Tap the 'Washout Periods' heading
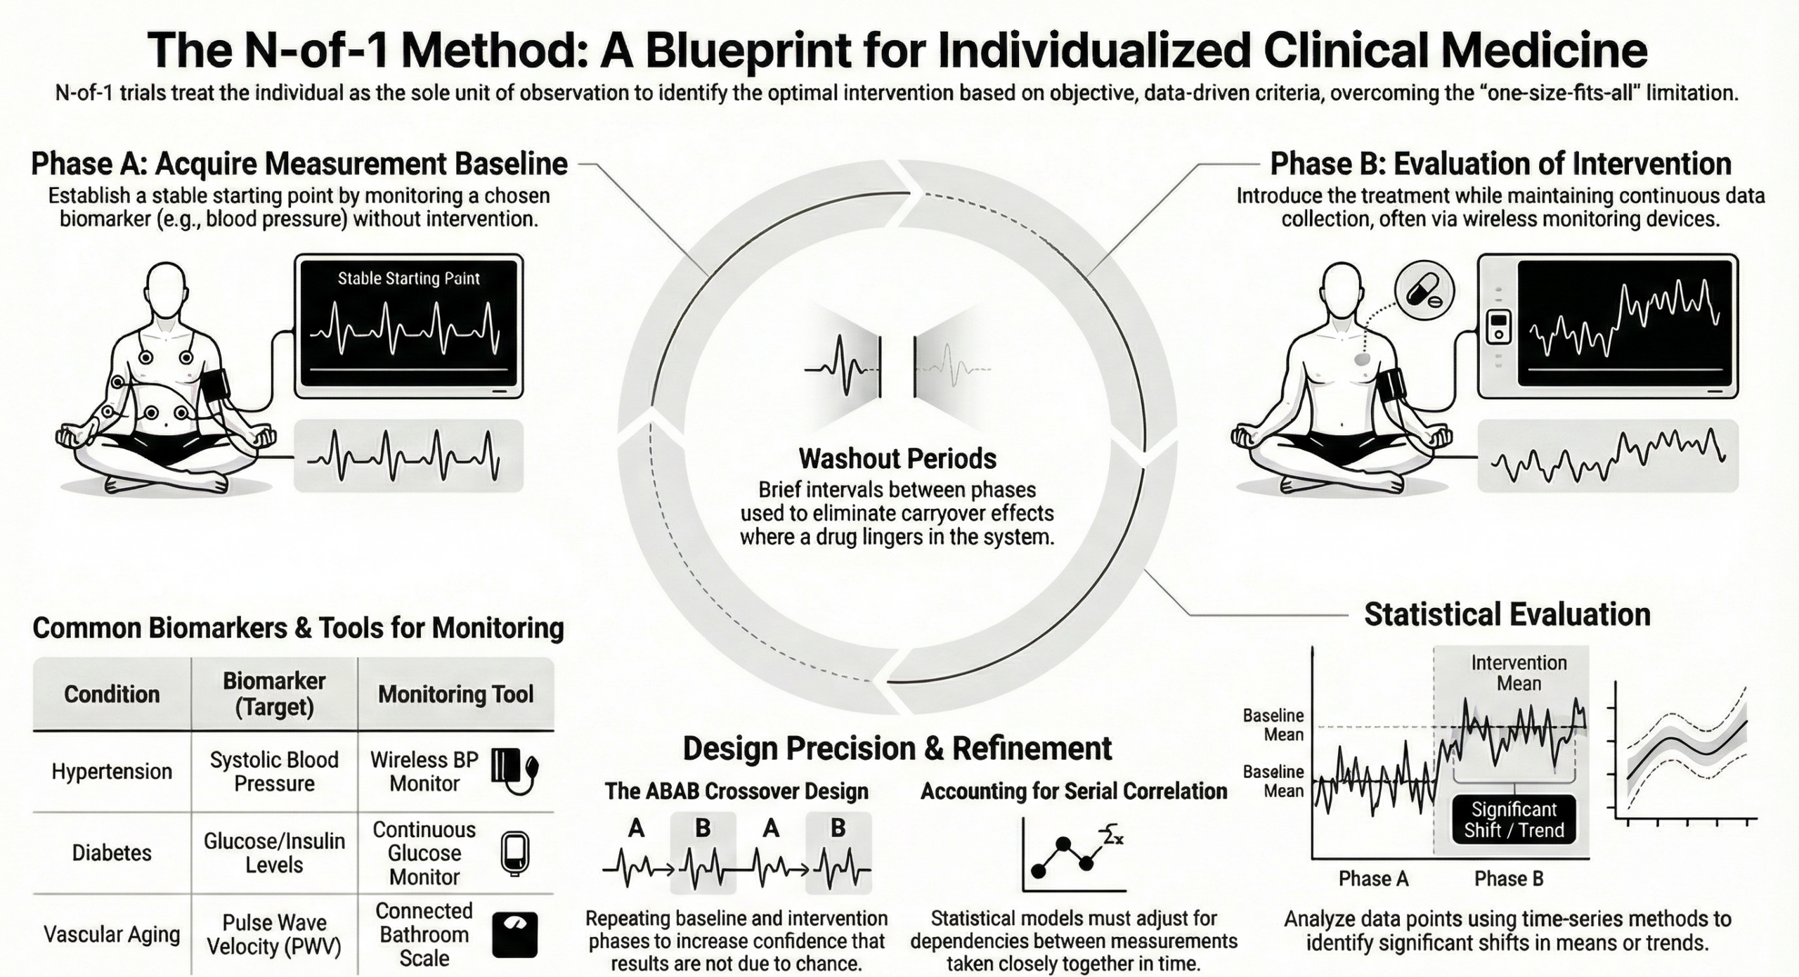tap(897, 459)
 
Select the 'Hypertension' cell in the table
tap(112, 771)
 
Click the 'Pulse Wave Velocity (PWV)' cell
tap(274, 934)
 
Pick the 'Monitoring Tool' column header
tap(456, 694)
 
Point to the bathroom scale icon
tap(514, 935)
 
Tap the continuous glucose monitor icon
tap(514, 853)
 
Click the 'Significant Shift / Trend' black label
tap(1514, 820)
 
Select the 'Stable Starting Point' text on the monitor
tap(408, 278)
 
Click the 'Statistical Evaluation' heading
tap(1507, 614)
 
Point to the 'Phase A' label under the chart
tap(1373, 879)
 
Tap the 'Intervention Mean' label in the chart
tap(1519, 673)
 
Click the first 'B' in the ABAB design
tap(702, 829)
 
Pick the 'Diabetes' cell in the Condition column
tap(112, 853)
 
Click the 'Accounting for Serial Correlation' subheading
tap(1074, 791)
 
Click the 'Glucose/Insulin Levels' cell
tap(274, 853)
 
